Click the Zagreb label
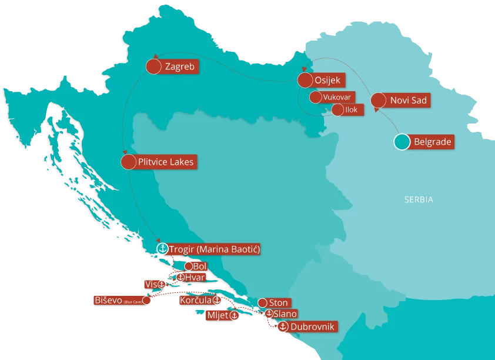(x=180, y=67)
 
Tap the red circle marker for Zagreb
(x=153, y=67)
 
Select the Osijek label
(x=327, y=81)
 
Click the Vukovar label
(x=337, y=97)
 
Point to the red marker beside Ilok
(x=337, y=109)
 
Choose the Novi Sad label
(x=408, y=101)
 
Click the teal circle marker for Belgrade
(x=402, y=142)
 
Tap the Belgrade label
(x=433, y=142)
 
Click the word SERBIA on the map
(x=419, y=200)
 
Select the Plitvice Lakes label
(x=166, y=161)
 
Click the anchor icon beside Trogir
(x=163, y=249)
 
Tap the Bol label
(x=199, y=266)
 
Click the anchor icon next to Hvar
(x=180, y=277)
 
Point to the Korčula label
(x=196, y=300)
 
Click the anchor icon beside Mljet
(x=234, y=316)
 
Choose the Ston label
(x=278, y=302)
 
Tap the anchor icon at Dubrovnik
(x=282, y=326)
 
